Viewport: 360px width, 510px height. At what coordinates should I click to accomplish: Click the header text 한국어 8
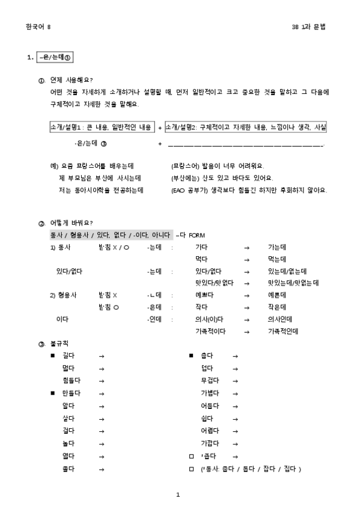pyautogui.click(x=38, y=27)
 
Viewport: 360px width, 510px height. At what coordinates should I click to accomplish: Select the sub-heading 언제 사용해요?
pyautogui.click(x=72, y=81)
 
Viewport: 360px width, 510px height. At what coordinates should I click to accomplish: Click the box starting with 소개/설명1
pyautogui.click(x=102, y=127)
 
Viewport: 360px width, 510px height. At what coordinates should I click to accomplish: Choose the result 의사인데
pyautogui.click(x=279, y=319)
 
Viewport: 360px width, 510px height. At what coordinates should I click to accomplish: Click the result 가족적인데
pyautogui.click(x=282, y=331)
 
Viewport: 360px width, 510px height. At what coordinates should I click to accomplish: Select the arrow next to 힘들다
pyautogui.click(x=102, y=381)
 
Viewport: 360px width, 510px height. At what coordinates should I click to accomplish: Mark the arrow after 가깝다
pyautogui.click(x=235, y=443)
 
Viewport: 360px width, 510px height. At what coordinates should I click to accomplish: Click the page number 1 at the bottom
pyautogui.click(x=178, y=495)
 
